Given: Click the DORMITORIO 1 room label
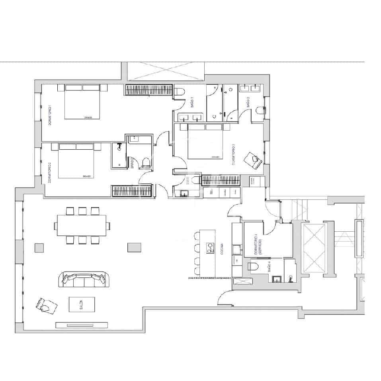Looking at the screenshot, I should point(50,115).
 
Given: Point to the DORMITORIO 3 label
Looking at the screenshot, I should point(234,154).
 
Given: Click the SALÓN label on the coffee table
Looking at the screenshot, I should point(81,305).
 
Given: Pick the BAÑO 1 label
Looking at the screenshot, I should point(192,103).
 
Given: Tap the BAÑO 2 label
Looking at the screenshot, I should point(248,103).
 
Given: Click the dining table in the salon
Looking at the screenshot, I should point(82,226).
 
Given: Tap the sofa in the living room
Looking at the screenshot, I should point(84,279).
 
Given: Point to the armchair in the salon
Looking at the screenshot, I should point(46,305).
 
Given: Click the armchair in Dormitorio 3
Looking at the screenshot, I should point(254,160).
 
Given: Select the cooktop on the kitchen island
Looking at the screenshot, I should point(209,248).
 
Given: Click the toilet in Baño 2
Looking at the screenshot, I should point(261,110).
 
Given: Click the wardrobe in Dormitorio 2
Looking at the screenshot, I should point(132,191).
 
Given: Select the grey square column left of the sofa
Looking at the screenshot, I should point(39,248).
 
